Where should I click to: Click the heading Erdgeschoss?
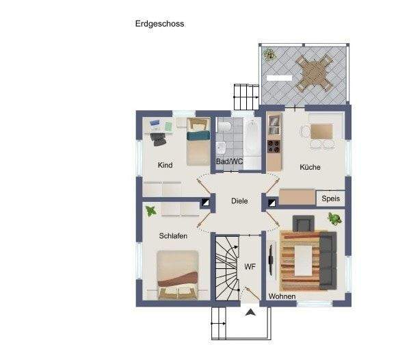click(160, 23)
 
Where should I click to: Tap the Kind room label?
click(165, 165)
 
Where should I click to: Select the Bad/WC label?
click(229, 162)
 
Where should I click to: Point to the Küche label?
click(310, 167)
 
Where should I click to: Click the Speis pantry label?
click(330, 198)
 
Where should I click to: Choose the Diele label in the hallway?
click(239, 201)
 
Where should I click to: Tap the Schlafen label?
click(174, 235)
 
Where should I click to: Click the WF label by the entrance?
click(250, 266)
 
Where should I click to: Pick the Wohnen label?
click(282, 296)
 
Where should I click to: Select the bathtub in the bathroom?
click(251, 137)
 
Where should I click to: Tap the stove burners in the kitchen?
click(274, 146)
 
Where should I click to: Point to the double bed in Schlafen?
click(178, 275)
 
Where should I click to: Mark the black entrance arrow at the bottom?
click(252, 313)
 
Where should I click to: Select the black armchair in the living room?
click(303, 223)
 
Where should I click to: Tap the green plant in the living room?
click(334, 219)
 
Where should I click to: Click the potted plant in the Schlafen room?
click(150, 211)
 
